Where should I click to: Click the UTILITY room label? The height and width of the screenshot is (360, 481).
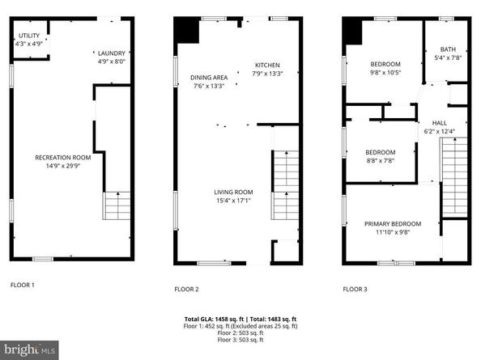point(29,36)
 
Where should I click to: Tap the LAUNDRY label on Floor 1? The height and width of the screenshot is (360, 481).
point(112,53)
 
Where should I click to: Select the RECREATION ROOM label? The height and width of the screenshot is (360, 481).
point(63,158)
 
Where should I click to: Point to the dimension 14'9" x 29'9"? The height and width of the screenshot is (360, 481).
point(63,166)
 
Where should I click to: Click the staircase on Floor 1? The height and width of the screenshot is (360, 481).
point(117,205)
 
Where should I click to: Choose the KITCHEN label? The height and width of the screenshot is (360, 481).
point(267,65)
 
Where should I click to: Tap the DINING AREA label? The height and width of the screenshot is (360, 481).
point(209,78)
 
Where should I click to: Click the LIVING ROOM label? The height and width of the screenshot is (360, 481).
point(233,192)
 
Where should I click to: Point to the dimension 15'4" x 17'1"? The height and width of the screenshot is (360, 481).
point(233,201)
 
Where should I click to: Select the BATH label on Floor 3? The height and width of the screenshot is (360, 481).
point(448,49)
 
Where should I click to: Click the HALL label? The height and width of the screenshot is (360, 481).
point(439,123)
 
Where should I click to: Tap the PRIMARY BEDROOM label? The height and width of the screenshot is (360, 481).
point(393,223)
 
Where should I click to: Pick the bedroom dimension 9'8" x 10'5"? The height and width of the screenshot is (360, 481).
point(385,73)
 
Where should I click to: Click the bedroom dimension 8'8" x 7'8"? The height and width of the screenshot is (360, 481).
point(381,160)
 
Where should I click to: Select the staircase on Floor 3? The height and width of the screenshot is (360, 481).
point(454,178)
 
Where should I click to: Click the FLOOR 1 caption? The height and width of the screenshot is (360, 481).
point(23,285)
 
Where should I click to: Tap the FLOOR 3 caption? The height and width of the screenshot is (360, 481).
point(355,289)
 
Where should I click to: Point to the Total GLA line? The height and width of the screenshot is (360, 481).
point(240,319)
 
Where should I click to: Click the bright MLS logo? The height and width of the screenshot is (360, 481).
point(29,350)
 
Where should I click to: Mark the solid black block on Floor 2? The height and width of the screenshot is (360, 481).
point(186,30)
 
